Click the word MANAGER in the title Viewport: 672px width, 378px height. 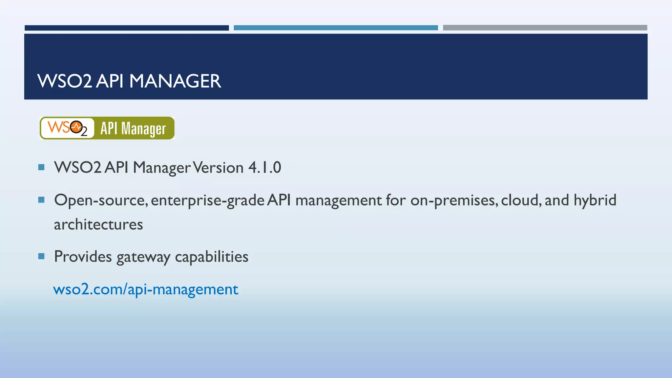coord(175,81)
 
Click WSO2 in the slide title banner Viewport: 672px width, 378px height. coord(65,81)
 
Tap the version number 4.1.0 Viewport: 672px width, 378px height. coord(264,167)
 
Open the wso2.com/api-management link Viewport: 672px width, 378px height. coord(146,289)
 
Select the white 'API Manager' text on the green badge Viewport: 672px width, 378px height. coord(133,128)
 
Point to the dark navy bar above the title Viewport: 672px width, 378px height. coord(127,28)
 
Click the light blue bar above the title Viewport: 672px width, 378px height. coord(336,28)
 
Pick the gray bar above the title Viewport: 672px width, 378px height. coord(545,28)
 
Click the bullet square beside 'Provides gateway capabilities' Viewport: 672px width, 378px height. coord(41,256)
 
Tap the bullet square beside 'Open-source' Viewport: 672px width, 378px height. coord(41,200)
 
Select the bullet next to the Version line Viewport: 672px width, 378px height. coord(41,167)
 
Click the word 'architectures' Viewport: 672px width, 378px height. coord(98,224)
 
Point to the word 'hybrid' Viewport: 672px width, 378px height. coord(595,200)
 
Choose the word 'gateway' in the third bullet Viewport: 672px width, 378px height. coord(143,257)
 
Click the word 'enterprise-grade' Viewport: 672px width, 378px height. coord(208,200)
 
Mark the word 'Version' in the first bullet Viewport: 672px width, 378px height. coord(218,167)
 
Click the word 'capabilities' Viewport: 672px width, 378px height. coord(212,257)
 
